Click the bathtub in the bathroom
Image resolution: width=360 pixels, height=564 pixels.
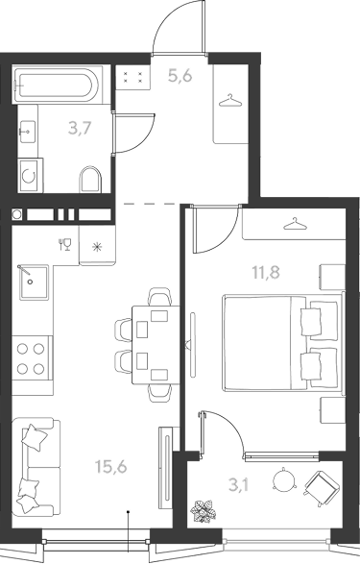point(58,85)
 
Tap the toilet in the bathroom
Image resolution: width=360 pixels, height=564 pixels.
point(89,179)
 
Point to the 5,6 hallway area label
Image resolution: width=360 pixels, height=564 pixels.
point(180,76)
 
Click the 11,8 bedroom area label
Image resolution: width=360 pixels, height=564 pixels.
point(266,272)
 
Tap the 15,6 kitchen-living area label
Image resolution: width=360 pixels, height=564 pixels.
point(111,467)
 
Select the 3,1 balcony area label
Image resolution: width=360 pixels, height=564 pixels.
point(239,485)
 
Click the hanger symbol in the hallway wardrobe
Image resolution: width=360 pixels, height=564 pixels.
point(230,101)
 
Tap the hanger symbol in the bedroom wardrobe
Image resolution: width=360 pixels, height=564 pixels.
point(296,223)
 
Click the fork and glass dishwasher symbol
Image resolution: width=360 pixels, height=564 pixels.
point(65,244)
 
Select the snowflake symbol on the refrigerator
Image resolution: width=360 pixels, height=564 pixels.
point(97,247)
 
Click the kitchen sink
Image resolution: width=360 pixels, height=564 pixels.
point(34,282)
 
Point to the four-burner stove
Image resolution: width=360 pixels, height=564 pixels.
point(32,358)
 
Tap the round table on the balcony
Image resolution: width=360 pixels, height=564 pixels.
point(285,479)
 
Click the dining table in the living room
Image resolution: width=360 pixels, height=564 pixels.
point(156,345)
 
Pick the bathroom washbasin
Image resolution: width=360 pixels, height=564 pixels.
point(27,132)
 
